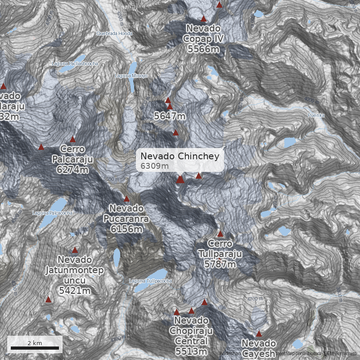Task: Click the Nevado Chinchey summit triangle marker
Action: click(180, 179)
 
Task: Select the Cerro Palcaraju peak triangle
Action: click(73, 139)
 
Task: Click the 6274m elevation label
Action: click(72, 169)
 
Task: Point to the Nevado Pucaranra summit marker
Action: click(126, 198)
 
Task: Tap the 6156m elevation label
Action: click(126, 229)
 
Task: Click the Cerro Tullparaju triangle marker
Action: click(220, 234)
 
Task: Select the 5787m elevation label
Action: click(220, 264)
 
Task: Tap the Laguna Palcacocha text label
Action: click(52, 213)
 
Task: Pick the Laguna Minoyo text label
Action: click(131, 76)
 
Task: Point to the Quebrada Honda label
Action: click(114, 33)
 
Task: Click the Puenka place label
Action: click(316, 116)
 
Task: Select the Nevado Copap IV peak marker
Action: click(203, 18)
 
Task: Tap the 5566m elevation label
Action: click(203, 49)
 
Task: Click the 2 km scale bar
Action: click(35, 347)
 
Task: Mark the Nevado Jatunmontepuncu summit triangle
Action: click(75, 250)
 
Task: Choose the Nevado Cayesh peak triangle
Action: click(259, 333)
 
